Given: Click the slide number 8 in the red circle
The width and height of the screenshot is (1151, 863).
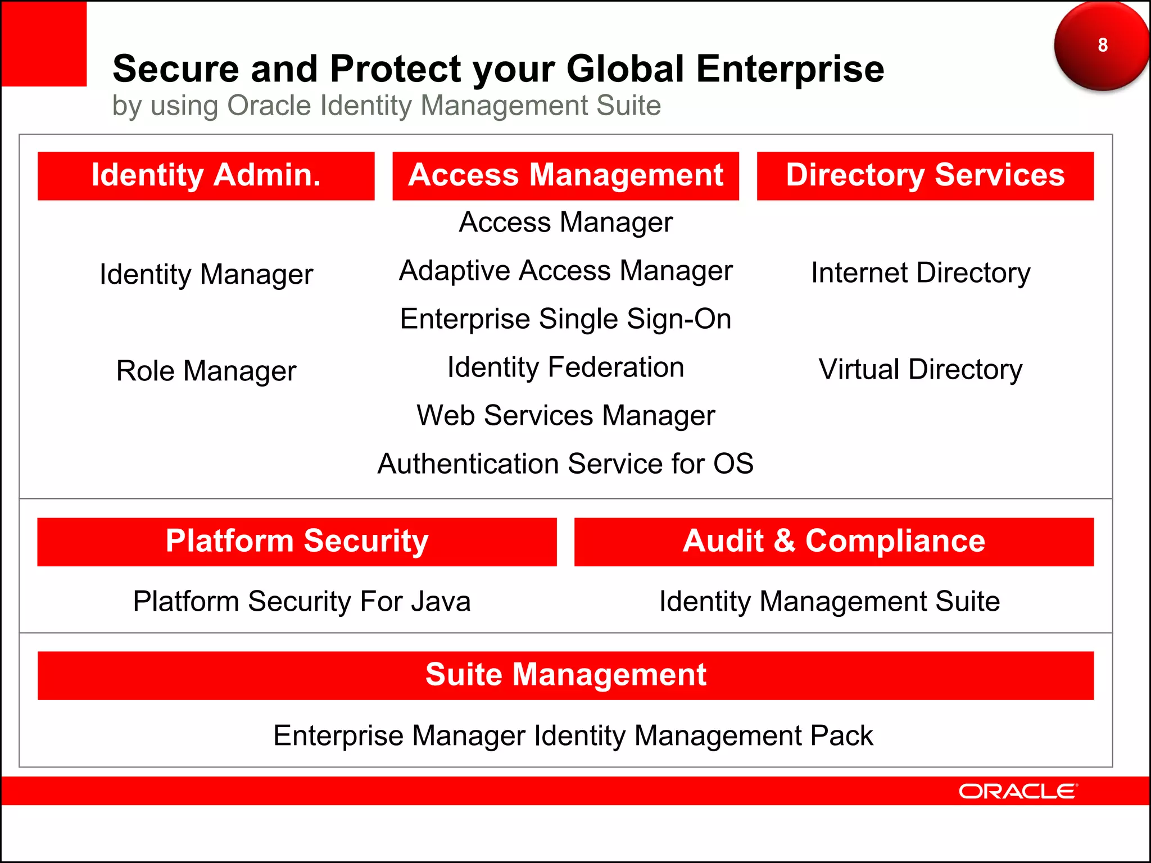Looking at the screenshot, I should (x=1102, y=45).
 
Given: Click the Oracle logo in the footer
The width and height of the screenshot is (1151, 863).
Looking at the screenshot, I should (x=1017, y=791).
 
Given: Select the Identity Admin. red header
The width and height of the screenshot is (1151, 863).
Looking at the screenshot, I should (x=206, y=175).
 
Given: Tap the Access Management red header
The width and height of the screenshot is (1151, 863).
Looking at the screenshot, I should (x=565, y=175).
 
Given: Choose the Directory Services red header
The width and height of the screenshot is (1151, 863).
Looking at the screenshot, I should (x=925, y=175).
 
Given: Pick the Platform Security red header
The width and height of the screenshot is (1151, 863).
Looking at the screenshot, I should (x=297, y=542).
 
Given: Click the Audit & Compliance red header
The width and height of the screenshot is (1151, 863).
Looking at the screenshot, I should (x=834, y=542).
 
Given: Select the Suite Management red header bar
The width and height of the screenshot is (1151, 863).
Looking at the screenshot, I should (x=565, y=675).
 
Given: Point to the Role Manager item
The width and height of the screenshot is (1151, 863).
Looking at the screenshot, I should (x=206, y=371).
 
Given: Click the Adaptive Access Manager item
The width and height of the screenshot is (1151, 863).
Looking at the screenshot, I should (x=565, y=271).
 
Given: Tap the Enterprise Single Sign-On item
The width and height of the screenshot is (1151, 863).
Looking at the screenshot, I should (x=565, y=319).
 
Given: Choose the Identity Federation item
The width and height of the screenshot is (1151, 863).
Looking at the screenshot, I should (x=565, y=367).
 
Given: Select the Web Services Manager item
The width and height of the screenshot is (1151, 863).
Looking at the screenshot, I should (x=565, y=416).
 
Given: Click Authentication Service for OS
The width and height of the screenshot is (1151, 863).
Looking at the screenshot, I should (x=565, y=464).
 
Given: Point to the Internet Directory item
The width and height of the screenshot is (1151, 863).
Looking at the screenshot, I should (x=921, y=273).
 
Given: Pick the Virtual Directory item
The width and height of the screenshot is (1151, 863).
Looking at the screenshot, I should (x=921, y=370).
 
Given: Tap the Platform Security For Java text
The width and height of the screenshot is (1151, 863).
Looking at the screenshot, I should (x=302, y=601).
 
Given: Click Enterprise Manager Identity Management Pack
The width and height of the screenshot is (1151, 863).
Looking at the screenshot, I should (x=573, y=735).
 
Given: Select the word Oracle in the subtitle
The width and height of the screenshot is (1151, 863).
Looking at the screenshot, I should (x=269, y=106).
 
